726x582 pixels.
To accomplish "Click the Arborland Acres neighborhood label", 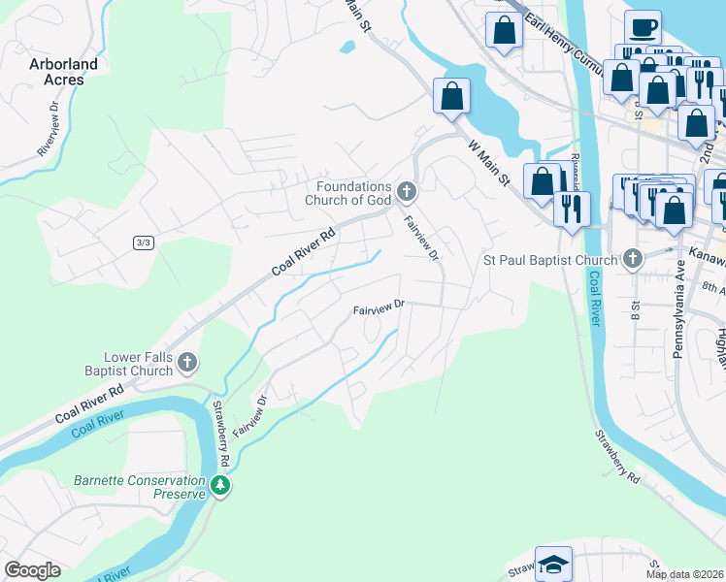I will tap(56, 72).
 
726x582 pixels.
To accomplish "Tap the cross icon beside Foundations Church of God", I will tap(407, 189).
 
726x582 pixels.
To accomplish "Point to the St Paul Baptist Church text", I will tap(550, 260).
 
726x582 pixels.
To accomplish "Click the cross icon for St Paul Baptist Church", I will tap(633, 258).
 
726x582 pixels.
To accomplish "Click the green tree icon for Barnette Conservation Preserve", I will tap(220, 485).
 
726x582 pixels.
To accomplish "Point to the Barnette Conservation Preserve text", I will tap(140, 486).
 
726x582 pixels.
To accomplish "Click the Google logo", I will tap(32, 570).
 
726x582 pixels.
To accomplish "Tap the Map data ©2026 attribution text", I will tap(684, 574).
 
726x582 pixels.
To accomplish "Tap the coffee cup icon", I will tap(642, 27).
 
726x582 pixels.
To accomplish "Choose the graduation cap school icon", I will tap(553, 564).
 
